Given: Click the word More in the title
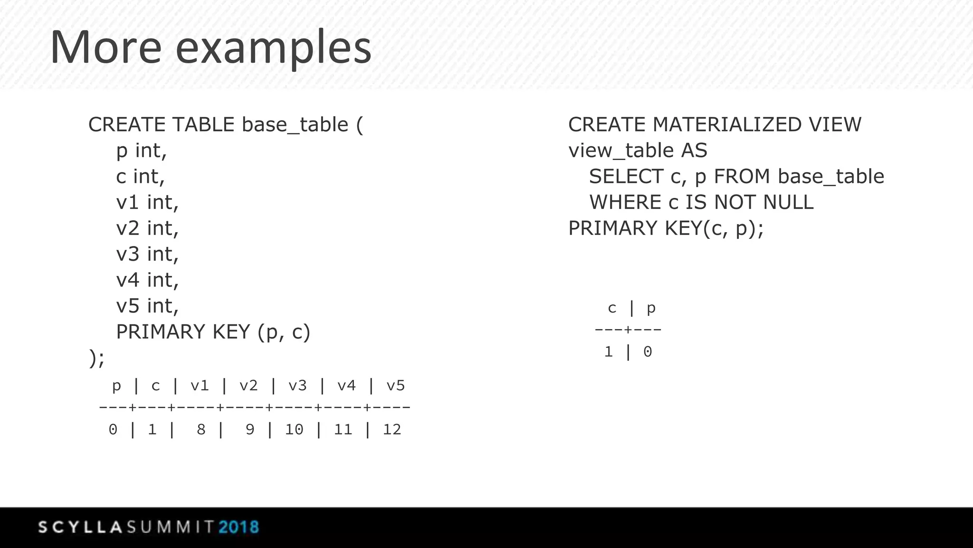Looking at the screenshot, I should [106, 48].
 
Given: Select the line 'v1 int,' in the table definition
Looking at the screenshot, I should [147, 203].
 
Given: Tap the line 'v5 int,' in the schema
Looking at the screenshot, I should [147, 306].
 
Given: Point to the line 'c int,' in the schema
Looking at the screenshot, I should [140, 176].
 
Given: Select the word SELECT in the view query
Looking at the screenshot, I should [626, 176].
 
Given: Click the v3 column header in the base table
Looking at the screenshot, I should [297, 385].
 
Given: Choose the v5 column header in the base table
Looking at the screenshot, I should [395, 385].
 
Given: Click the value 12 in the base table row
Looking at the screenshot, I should [392, 430].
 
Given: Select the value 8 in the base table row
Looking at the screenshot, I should [201, 430].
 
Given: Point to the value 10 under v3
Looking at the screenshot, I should [294, 430].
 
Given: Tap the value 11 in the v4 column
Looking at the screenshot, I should [343, 430].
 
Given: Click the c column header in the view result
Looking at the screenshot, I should [612, 308].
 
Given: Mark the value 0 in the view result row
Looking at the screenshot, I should [648, 352].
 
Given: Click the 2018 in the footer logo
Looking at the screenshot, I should [239, 527].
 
